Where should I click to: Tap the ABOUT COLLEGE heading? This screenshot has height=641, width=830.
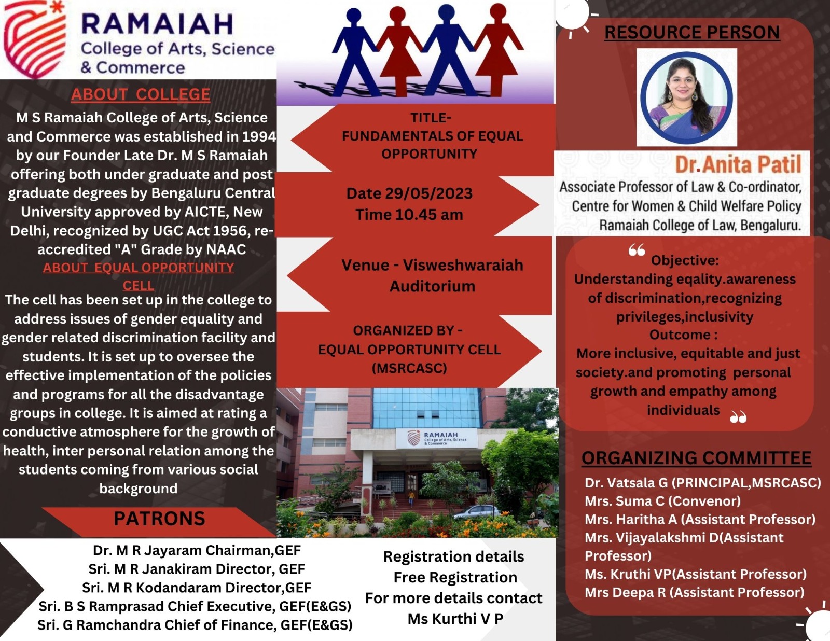tap(141, 94)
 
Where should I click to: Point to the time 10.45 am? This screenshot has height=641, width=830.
tap(429, 215)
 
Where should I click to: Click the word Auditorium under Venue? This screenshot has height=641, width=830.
tap(432, 286)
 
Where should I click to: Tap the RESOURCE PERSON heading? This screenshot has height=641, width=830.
tap(691, 32)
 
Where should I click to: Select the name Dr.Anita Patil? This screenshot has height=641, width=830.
tap(738, 164)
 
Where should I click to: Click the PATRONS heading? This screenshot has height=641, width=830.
tap(159, 519)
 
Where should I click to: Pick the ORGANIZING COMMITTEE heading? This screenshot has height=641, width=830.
tap(696, 458)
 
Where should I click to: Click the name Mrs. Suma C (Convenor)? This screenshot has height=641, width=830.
tap(662, 501)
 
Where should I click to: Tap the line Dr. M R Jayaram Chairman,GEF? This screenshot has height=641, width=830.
tap(197, 550)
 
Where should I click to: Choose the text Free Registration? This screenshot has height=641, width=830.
tap(455, 577)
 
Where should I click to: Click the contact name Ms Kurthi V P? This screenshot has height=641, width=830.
tap(455, 619)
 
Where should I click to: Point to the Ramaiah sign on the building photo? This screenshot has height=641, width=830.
tap(437, 438)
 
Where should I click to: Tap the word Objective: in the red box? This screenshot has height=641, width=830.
tap(685, 260)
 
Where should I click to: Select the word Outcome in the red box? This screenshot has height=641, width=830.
tap(680, 335)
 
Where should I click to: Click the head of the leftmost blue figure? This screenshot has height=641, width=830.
tap(353, 16)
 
